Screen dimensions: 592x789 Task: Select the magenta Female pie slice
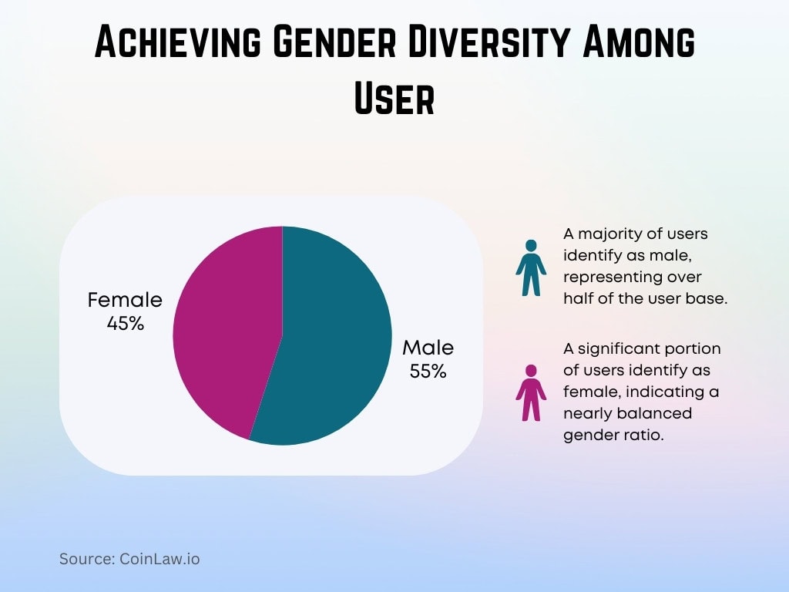tap(223, 331)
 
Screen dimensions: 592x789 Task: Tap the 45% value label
tap(126, 323)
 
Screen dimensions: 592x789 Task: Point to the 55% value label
tap(428, 371)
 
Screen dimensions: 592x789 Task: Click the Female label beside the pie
tap(125, 300)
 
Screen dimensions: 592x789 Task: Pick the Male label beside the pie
tap(428, 348)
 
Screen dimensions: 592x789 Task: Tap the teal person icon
tap(530, 267)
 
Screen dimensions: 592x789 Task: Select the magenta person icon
tap(530, 393)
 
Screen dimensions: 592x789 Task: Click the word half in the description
tap(578, 299)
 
